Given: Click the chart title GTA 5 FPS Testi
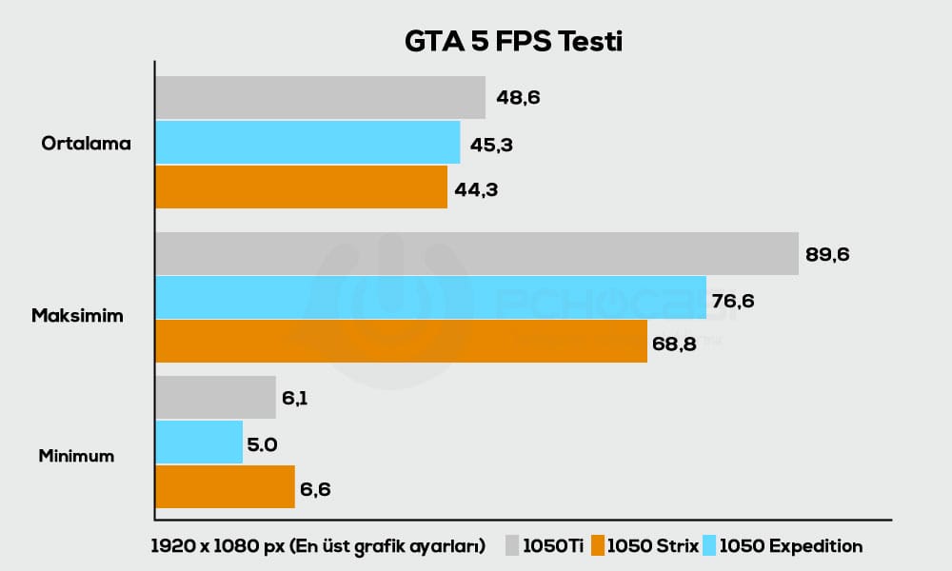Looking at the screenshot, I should pyautogui.click(x=513, y=43).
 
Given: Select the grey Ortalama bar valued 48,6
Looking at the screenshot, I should pyautogui.click(x=320, y=98).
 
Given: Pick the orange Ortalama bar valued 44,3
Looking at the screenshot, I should pyautogui.click(x=301, y=187).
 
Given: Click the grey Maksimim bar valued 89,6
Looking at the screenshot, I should pyautogui.click(x=476, y=253).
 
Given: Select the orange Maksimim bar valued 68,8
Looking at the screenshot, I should pyautogui.click(x=401, y=342).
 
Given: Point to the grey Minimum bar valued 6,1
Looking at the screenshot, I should pyautogui.click(x=215, y=398).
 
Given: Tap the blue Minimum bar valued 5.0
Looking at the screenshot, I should pyautogui.click(x=199, y=443).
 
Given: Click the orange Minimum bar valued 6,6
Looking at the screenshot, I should pyautogui.click(x=225, y=486).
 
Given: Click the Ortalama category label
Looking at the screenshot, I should pyautogui.click(x=86, y=144).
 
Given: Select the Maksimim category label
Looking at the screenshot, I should pyautogui.click(x=77, y=316).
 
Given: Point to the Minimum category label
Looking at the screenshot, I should pyautogui.click(x=76, y=456).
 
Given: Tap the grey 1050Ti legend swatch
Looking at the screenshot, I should pyautogui.click(x=512, y=546).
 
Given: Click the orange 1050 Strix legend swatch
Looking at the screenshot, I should pyautogui.click(x=598, y=546).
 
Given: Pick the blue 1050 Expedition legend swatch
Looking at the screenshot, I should pyautogui.click(x=709, y=546).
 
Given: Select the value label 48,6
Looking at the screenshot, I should pyautogui.click(x=519, y=97).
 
